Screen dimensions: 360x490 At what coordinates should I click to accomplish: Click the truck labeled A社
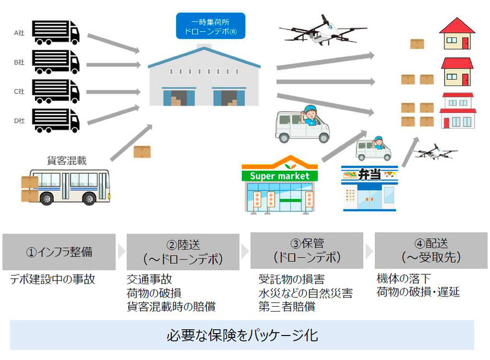click(56, 33)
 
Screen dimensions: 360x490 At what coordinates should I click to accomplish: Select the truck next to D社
click(56, 120)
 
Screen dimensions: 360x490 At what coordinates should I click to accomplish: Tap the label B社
click(18, 62)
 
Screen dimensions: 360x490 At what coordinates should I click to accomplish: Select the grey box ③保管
click(306, 251)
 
